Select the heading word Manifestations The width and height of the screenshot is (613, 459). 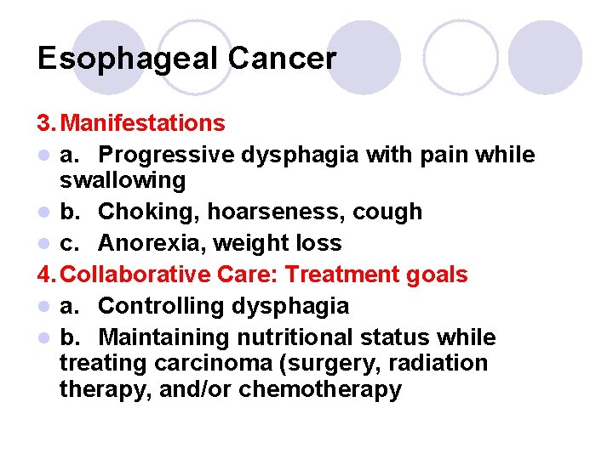pos(143,123)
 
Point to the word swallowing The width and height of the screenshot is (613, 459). pos(122,180)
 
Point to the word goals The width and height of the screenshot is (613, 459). pos(436,275)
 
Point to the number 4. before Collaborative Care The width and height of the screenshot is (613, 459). pos(46,275)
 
